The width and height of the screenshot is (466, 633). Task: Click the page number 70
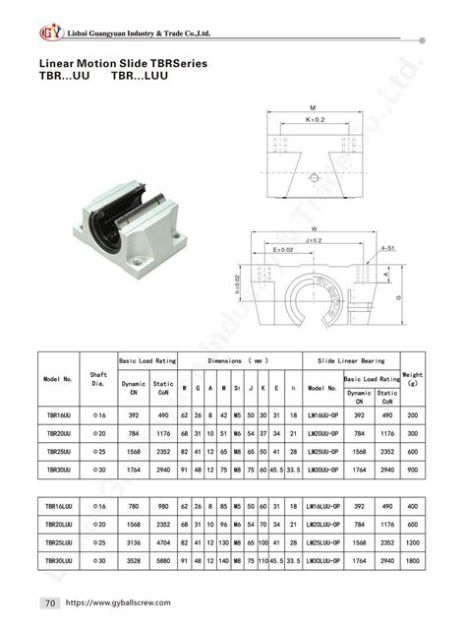click(x=48, y=601)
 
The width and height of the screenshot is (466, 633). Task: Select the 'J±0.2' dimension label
click(x=313, y=239)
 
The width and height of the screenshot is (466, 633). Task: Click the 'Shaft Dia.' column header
click(x=98, y=379)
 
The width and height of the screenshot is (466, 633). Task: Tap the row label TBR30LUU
click(x=60, y=560)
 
